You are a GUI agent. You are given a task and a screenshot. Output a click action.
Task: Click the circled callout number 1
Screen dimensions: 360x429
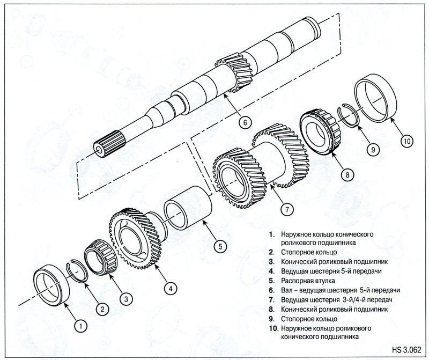[x=80, y=325]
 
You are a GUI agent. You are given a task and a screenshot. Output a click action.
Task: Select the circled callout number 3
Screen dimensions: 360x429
[x=125, y=298]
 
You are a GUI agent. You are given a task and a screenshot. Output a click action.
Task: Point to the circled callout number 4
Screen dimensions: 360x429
[x=170, y=288]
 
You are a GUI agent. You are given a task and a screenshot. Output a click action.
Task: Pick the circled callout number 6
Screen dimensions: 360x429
[x=244, y=122]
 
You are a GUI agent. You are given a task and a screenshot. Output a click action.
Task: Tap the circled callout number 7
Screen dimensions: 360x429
[x=289, y=210]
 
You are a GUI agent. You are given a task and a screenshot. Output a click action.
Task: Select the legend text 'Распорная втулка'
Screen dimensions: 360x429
[x=305, y=280]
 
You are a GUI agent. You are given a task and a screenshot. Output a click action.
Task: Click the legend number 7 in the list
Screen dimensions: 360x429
[x=273, y=299]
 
